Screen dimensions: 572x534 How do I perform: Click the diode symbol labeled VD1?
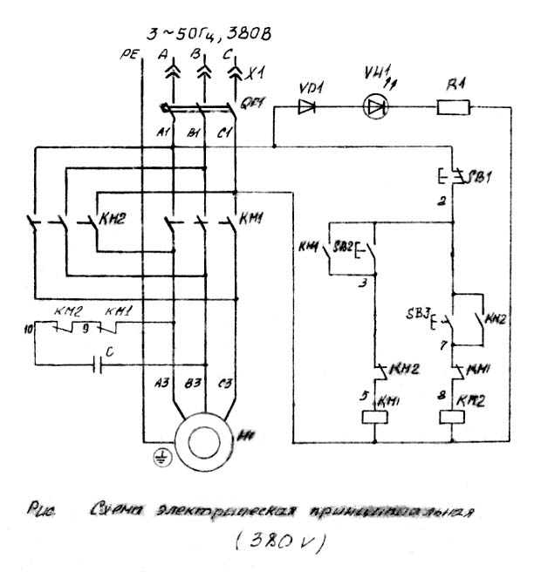click(x=306, y=108)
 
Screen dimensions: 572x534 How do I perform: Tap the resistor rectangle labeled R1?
click(x=453, y=108)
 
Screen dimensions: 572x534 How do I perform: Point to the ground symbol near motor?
click(x=159, y=457)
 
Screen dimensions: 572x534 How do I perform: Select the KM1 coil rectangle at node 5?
click(x=375, y=416)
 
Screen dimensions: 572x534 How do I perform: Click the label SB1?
click(x=481, y=177)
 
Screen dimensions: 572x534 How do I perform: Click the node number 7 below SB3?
click(x=444, y=344)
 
